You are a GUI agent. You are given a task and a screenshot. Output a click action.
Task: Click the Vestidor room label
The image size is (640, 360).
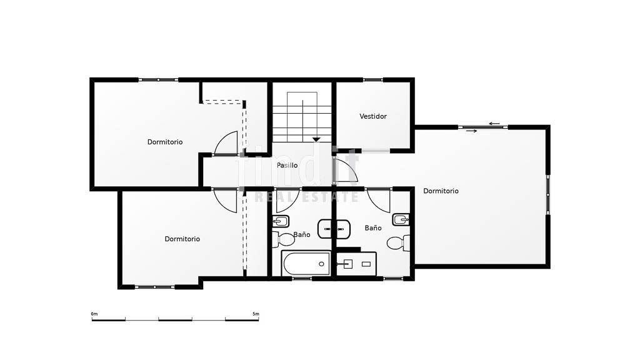[x=373, y=116]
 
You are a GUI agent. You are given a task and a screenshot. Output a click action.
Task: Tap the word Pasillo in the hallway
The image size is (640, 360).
[x=287, y=165]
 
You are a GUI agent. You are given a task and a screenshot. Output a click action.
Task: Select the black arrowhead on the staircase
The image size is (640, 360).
[x=316, y=139]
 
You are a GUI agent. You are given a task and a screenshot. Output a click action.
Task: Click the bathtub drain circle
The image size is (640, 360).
[x=321, y=264]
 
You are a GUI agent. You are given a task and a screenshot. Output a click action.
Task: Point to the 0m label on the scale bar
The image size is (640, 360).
[x=94, y=314]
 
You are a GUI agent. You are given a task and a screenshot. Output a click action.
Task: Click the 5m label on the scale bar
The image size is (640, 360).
[x=256, y=314]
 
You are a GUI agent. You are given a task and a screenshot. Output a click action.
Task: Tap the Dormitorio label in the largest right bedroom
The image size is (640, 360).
[x=441, y=191]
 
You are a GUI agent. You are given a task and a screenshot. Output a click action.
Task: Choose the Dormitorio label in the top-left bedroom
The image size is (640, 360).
[x=165, y=142]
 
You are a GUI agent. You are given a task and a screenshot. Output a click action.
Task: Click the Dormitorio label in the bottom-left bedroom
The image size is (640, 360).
[x=182, y=239]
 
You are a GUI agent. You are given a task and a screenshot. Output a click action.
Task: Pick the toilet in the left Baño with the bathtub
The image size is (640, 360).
[x=282, y=239]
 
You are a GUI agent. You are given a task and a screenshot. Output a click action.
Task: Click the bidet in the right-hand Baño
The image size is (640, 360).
[x=401, y=219]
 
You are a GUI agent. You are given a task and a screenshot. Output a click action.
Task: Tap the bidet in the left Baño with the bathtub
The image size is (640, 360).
[x=281, y=221]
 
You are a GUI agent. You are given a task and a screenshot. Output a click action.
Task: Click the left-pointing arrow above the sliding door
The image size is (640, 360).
[x=494, y=123]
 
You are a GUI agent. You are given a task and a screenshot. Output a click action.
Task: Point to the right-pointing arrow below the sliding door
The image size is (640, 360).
[x=471, y=131]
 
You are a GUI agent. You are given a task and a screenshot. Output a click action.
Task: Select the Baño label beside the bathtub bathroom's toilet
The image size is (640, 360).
[x=302, y=235]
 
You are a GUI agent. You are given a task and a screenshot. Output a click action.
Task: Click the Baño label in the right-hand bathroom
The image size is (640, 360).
[x=373, y=228]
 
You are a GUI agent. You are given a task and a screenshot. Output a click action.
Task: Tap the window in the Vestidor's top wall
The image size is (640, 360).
[x=372, y=79]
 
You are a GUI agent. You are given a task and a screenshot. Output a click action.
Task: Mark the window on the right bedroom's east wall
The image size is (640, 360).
[x=548, y=195]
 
